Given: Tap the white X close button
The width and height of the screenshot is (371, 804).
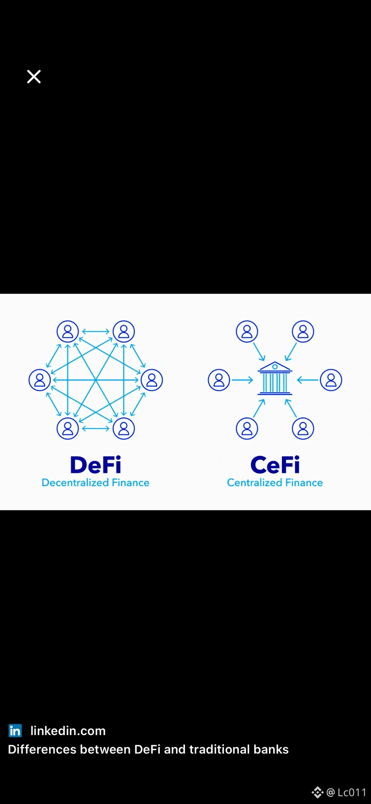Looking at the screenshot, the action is (x=34, y=77).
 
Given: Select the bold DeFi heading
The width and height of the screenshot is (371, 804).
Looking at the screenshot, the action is (x=95, y=465).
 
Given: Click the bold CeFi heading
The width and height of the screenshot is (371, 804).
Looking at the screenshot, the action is (x=275, y=465).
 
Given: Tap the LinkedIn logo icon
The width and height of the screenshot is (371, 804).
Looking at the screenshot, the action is (x=15, y=731).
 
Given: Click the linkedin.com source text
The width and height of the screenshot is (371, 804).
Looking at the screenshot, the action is (x=68, y=731).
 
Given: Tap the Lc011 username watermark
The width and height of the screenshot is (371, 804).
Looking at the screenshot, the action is (x=352, y=792).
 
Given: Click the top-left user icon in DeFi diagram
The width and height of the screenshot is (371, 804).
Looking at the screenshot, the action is (x=68, y=332).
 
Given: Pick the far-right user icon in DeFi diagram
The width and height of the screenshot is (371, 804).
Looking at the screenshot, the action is (x=151, y=380).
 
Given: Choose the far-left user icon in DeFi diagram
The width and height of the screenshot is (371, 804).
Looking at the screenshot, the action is (x=40, y=380).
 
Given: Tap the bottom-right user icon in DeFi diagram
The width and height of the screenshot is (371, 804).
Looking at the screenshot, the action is (x=124, y=428).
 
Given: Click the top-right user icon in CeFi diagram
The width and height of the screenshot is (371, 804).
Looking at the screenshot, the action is (x=303, y=332).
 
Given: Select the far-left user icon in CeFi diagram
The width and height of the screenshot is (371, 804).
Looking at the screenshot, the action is (x=219, y=380).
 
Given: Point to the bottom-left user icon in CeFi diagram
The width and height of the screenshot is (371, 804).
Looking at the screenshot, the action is (x=247, y=428).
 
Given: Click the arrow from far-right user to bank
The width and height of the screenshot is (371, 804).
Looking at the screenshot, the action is (x=307, y=380).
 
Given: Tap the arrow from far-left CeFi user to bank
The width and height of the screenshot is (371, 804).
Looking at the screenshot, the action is (x=242, y=380).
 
